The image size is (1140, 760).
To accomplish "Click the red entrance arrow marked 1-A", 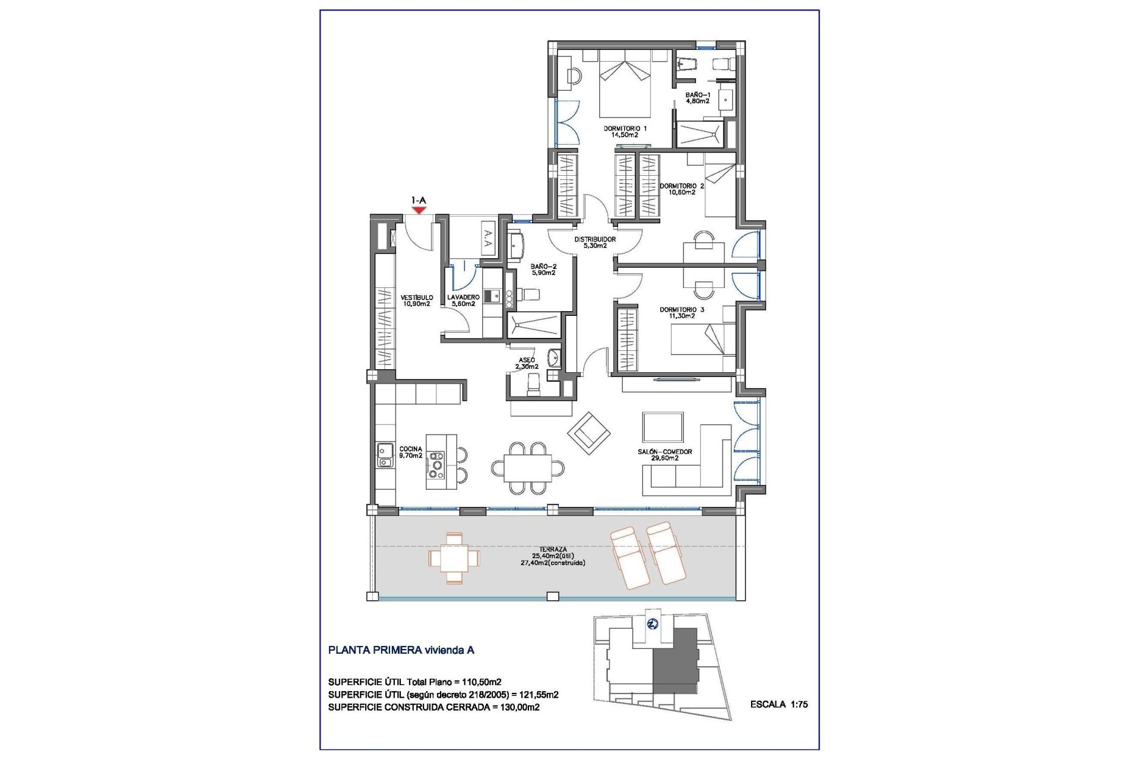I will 419,209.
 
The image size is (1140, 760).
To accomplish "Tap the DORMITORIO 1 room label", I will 625,131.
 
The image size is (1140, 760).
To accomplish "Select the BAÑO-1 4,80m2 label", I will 697,98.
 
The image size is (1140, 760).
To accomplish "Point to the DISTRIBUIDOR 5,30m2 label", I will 594,242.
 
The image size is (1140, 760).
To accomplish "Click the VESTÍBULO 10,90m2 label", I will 416,300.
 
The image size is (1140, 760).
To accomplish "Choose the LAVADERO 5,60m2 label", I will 463,300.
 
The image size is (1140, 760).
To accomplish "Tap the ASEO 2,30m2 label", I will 527,363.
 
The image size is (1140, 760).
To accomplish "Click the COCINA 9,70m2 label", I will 410,452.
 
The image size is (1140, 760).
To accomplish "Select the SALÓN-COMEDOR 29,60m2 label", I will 664,455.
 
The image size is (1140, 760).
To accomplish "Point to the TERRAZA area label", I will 553,556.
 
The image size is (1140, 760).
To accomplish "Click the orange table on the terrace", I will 454,558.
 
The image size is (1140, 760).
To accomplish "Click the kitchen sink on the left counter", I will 384,455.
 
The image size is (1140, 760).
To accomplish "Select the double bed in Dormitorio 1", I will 625,84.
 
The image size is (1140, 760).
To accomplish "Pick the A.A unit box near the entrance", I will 488,238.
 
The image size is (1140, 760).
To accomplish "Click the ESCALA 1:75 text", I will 778,704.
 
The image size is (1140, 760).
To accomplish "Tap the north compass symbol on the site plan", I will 653,624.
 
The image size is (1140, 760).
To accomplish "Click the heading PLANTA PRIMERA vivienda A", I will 401,650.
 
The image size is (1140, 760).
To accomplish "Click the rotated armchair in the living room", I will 588,433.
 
